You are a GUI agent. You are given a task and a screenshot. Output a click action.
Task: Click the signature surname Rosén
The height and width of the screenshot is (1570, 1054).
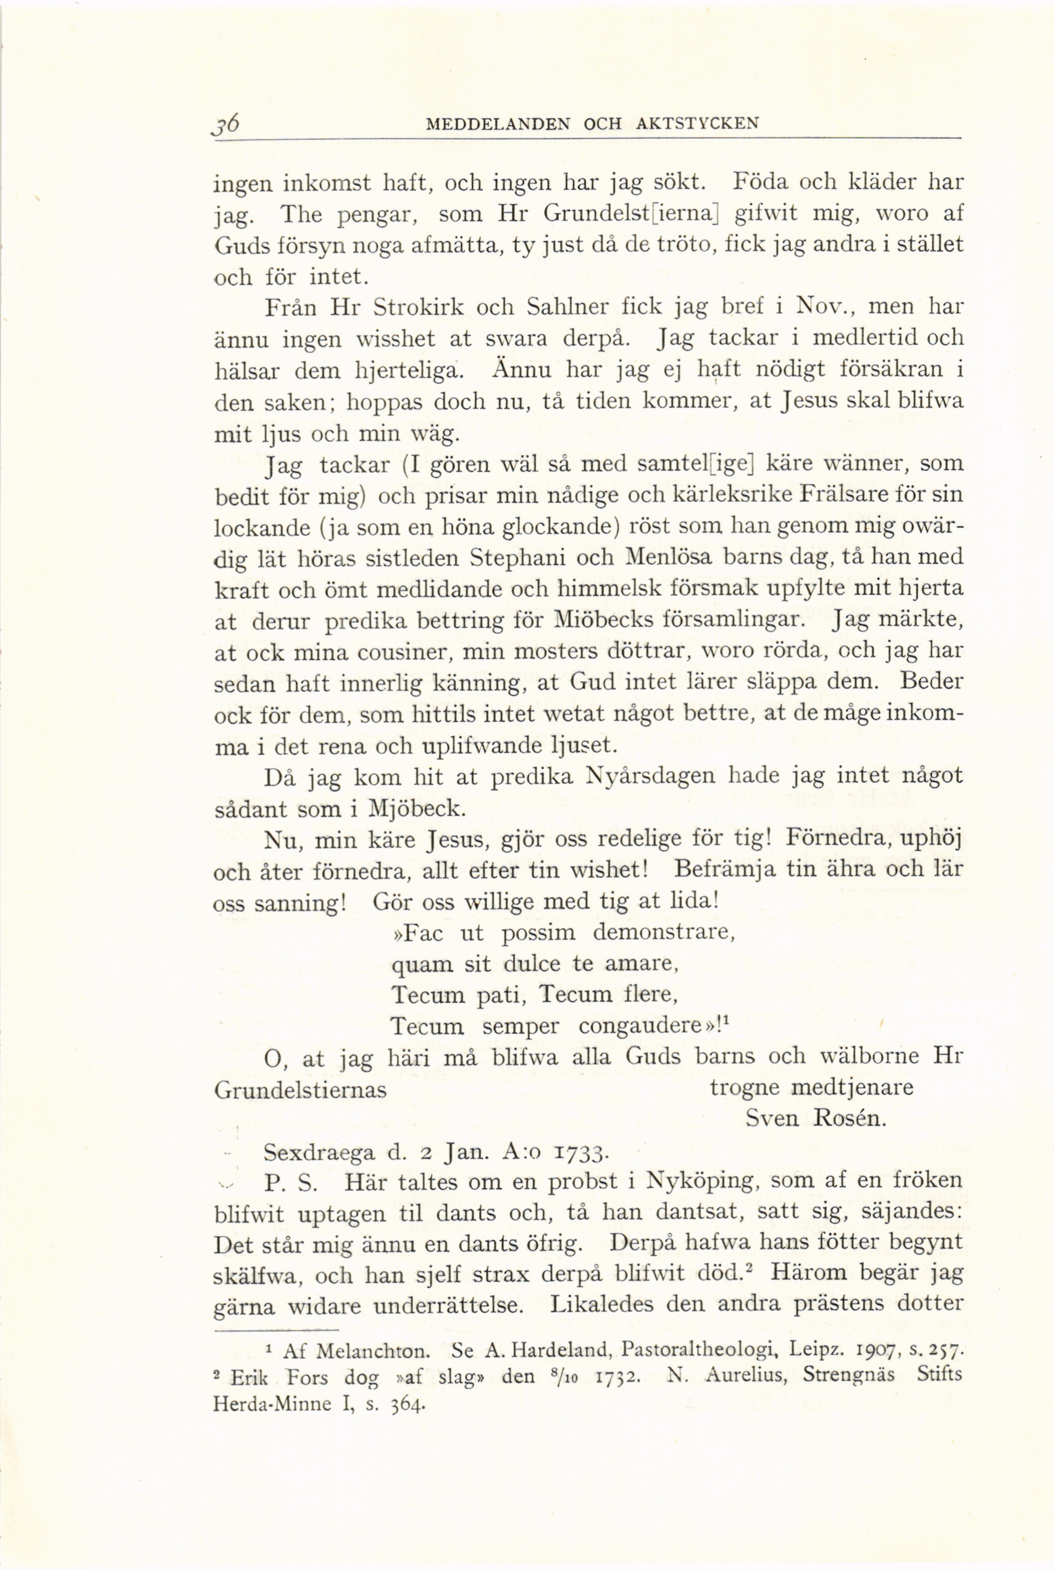[850, 1118]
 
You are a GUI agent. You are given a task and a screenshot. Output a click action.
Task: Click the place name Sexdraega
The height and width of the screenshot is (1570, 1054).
[319, 1153]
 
